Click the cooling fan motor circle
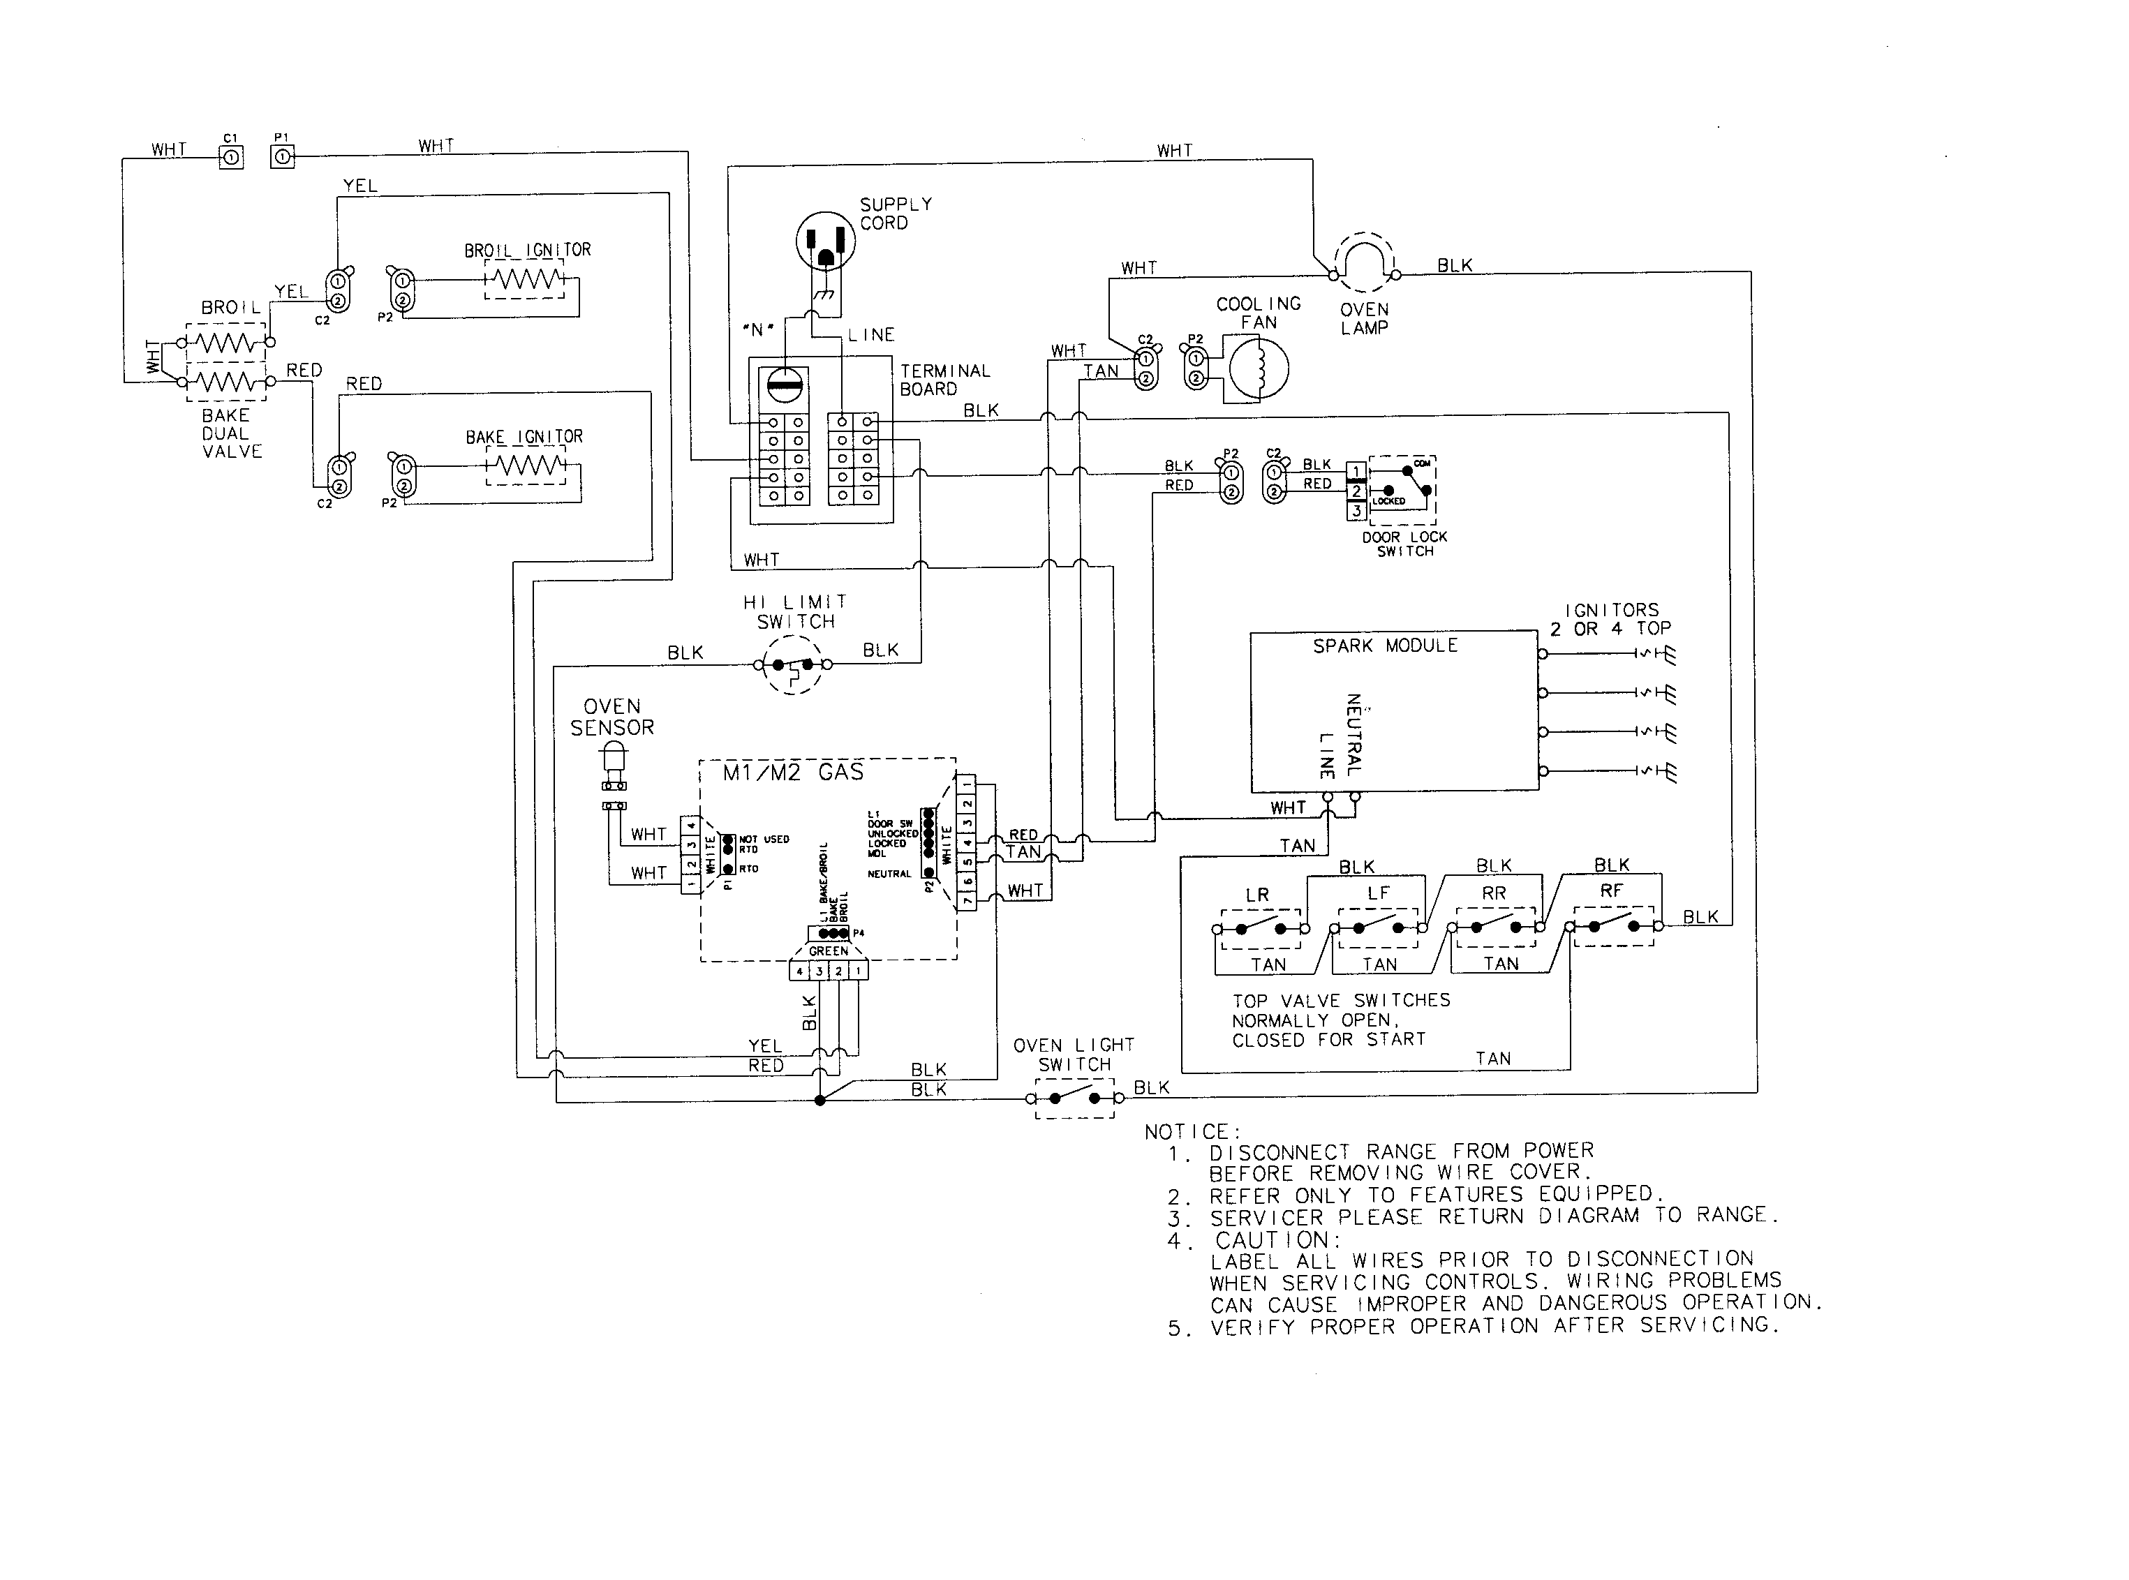tap(1259, 369)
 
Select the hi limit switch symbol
tap(793, 664)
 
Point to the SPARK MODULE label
tap(1385, 646)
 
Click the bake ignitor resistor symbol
tap(525, 467)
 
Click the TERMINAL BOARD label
tap(944, 380)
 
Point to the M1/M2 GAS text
tap(793, 773)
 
